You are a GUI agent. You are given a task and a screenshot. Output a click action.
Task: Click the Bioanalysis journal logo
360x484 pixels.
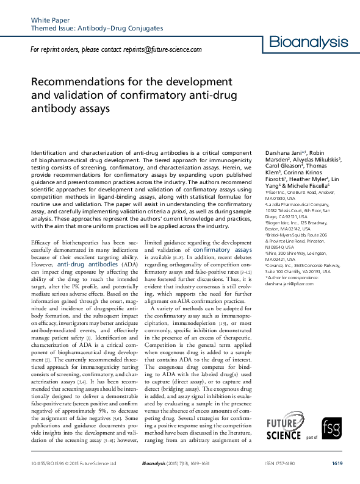(309, 43)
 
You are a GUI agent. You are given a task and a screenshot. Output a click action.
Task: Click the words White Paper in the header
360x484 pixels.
(49, 20)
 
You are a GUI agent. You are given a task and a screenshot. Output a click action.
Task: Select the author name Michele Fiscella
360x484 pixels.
(309, 185)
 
